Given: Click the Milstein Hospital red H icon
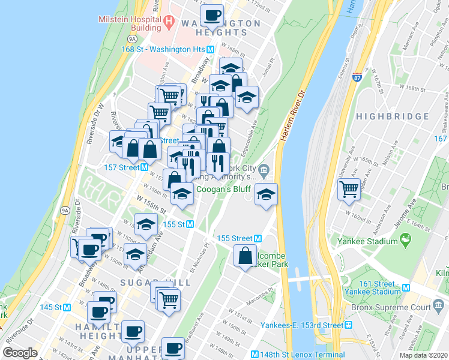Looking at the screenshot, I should (169, 23).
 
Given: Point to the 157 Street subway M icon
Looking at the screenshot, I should (145, 167).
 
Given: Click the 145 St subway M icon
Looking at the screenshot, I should (67, 307).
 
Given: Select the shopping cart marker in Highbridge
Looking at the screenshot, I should (349, 188).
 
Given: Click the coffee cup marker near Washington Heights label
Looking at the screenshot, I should (211, 14).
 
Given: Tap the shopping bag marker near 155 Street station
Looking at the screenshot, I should (246, 255).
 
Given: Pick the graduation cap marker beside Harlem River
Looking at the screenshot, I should (266, 194).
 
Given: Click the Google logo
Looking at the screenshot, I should (20, 353).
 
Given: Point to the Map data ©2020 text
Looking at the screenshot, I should (423, 355).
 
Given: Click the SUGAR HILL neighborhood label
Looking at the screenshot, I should (155, 282).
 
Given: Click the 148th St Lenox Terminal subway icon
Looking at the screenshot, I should (255, 354).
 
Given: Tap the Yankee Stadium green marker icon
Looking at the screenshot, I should (406, 241).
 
